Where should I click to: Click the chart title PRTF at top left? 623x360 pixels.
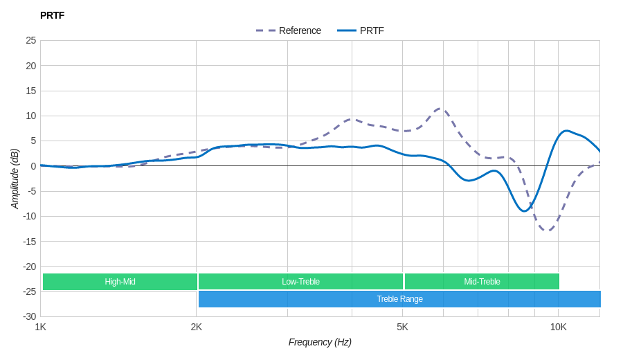click(52, 15)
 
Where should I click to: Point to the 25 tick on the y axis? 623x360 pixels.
click(31, 40)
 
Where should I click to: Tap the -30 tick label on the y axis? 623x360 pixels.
click(30, 316)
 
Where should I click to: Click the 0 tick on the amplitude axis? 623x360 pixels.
click(33, 166)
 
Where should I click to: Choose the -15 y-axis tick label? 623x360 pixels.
click(30, 241)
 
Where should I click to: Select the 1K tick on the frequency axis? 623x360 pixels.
click(41, 327)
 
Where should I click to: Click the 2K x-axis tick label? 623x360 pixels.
click(197, 327)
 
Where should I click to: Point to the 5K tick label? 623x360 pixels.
click(402, 327)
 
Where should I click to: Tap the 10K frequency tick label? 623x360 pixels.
click(558, 327)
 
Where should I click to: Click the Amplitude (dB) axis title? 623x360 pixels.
click(15, 179)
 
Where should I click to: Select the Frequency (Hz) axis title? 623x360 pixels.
click(320, 342)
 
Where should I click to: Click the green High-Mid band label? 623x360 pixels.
click(120, 282)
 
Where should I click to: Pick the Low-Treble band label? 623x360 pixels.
click(300, 282)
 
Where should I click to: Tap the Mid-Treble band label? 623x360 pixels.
click(482, 282)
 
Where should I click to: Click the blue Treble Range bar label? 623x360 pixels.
click(399, 299)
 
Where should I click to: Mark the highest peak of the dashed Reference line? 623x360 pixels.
click(440, 108)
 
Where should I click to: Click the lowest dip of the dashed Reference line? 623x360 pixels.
click(547, 231)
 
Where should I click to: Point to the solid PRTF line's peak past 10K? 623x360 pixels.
click(567, 130)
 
